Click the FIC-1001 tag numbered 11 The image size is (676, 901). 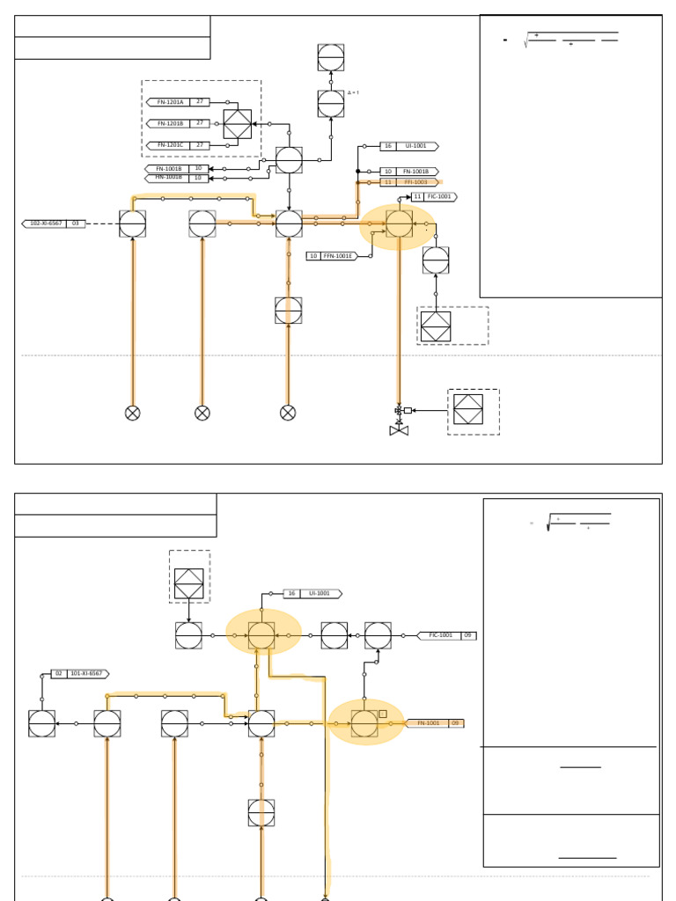coord(434,197)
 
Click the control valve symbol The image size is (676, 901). coord(399,429)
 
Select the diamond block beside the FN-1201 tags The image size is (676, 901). coord(237,124)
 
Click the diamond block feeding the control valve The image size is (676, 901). coord(468,409)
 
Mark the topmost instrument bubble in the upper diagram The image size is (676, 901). coord(331,58)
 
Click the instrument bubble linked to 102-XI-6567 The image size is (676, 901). coord(132,223)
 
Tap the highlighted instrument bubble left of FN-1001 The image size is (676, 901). coord(364,723)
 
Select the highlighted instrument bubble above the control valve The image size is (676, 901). coord(399,223)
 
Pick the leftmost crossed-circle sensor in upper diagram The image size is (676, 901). coord(132,413)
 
